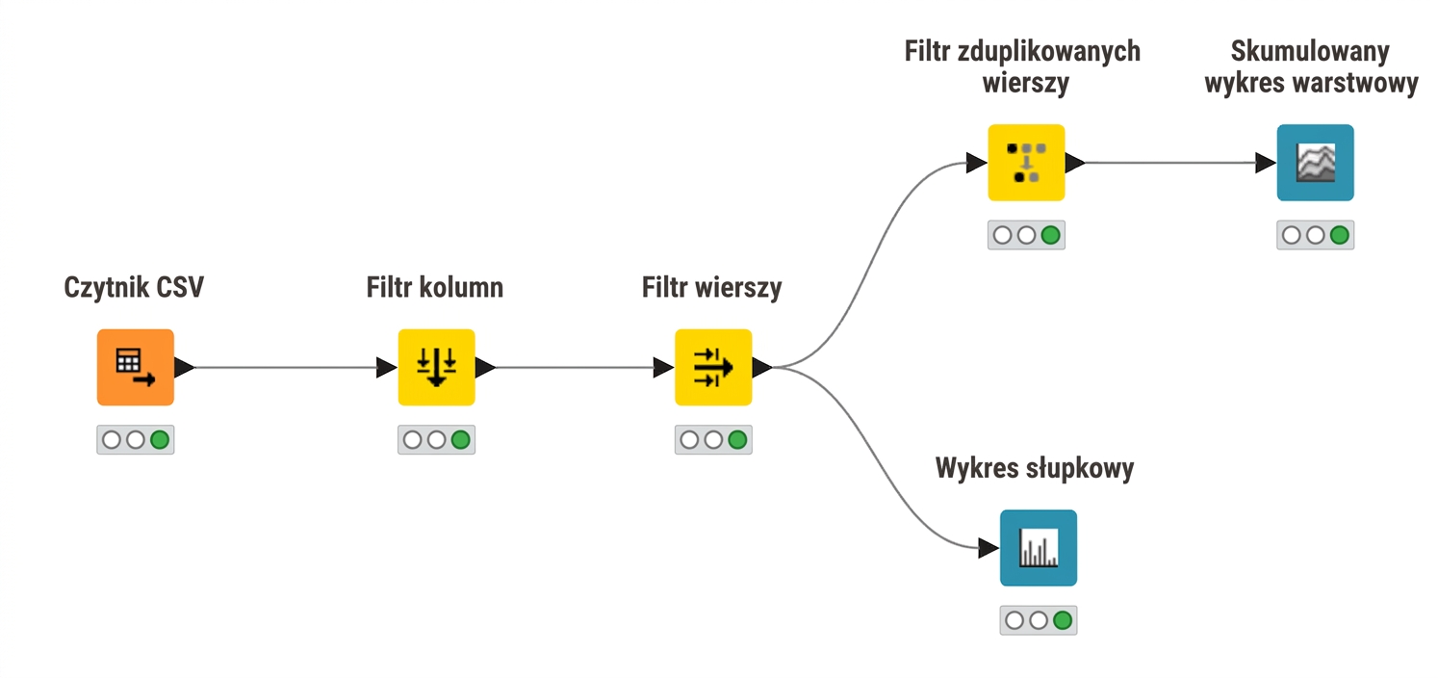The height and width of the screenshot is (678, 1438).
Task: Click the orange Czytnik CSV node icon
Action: [x=136, y=367]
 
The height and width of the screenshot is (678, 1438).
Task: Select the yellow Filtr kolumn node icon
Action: [x=437, y=367]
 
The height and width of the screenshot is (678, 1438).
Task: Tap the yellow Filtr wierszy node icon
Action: [x=713, y=367]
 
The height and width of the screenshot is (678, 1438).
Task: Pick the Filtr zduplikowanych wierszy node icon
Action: [x=1026, y=163]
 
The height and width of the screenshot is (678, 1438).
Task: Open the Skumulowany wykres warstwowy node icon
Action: [x=1316, y=163]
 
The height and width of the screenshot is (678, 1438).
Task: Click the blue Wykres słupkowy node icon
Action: [x=1039, y=548]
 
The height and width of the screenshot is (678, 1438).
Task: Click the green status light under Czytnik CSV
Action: [x=160, y=440]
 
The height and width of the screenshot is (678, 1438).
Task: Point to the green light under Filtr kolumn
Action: [x=461, y=440]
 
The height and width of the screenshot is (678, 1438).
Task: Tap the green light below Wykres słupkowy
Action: [x=1063, y=620]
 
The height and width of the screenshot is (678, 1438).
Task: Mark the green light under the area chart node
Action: [x=1340, y=235]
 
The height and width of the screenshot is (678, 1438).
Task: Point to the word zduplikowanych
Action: [x=1049, y=51]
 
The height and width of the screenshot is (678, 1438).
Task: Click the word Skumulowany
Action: [x=1310, y=51]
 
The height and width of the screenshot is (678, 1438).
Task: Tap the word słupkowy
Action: [x=1080, y=468]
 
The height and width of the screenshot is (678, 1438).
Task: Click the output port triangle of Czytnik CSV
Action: [x=184, y=367]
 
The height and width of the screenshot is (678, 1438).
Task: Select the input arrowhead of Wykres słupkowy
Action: [x=989, y=548]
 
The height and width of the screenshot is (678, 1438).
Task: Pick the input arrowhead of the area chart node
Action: [x=1266, y=163]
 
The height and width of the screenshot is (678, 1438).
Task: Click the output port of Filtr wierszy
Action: [x=762, y=367]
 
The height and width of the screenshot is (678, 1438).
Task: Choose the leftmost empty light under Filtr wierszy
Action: [x=689, y=440]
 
